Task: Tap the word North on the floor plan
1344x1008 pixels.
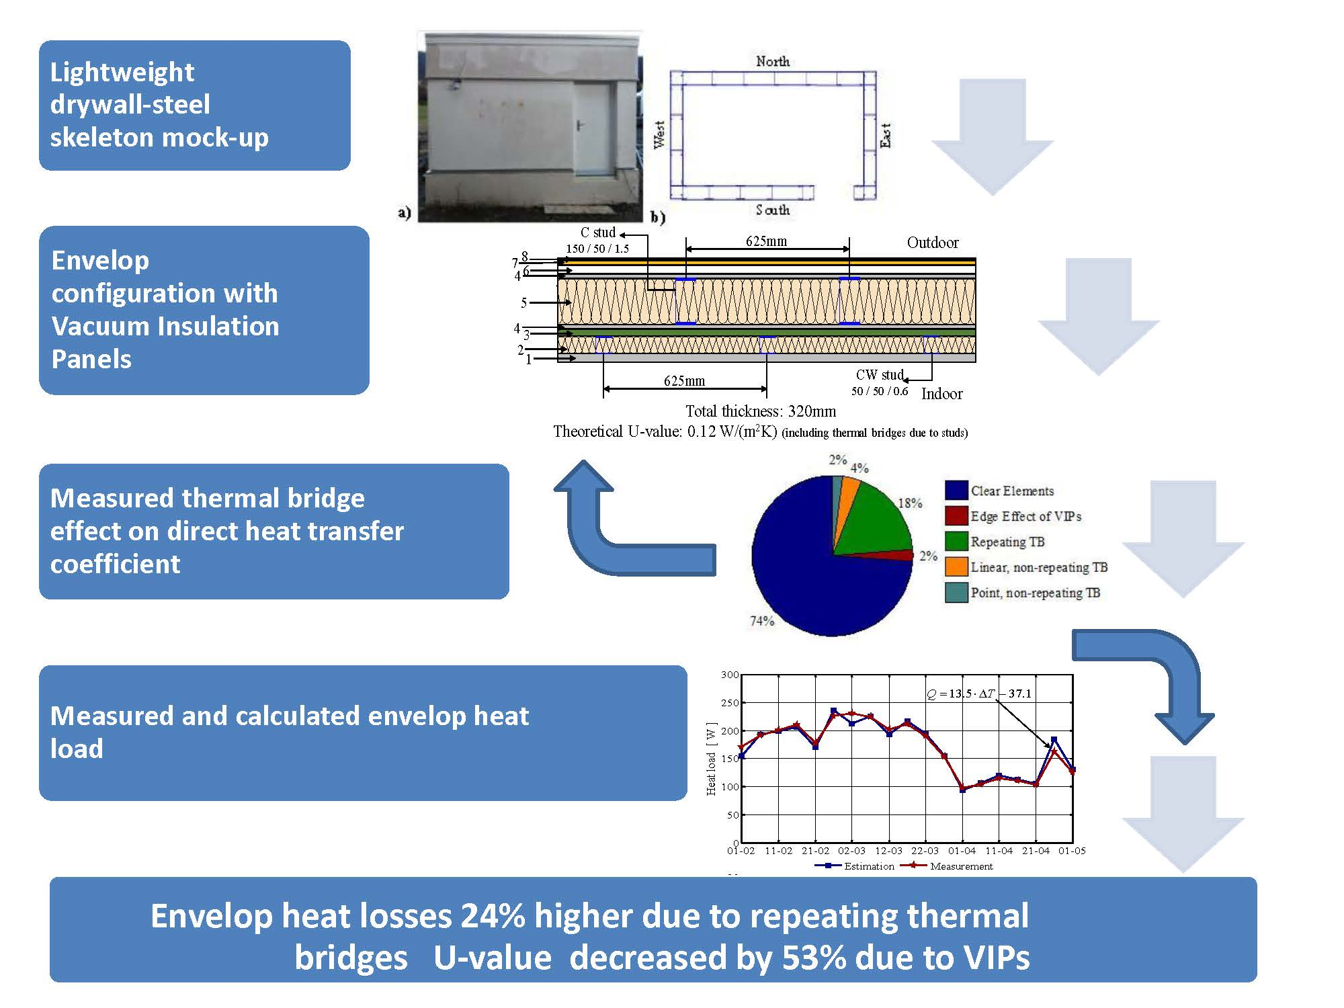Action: pyautogui.click(x=772, y=61)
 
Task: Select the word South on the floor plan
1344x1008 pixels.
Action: pyautogui.click(x=772, y=210)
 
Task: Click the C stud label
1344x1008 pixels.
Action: pyautogui.click(x=597, y=233)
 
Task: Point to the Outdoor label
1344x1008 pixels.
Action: pyautogui.click(x=932, y=243)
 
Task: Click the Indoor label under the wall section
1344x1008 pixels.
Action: pyautogui.click(x=941, y=394)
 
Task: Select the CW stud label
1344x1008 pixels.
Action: pyautogui.click(x=879, y=375)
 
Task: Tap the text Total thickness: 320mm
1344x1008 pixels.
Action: pyautogui.click(x=760, y=411)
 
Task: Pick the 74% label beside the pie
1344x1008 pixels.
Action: pyautogui.click(x=761, y=621)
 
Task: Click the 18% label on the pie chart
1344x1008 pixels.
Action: pyautogui.click(x=910, y=503)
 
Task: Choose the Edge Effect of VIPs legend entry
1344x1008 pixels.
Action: pyautogui.click(x=1025, y=516)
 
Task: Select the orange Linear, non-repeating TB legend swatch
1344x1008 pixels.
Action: pyautogui.click(x=956, y=567)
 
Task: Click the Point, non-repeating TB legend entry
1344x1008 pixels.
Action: pyautogui.click(x=1035, y=593)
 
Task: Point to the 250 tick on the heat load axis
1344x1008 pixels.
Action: pyautogui.click(x=730, y=703)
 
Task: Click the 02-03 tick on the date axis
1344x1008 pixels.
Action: pyautogui.click(x=851, y=851)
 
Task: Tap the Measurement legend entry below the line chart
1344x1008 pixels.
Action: pyautogui.click(x=961, y=866)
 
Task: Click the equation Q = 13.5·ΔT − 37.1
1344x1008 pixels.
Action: pyautogui.click(x=979, y=694)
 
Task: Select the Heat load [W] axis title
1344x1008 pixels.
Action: pyautogui.click(x=711, y=759)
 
